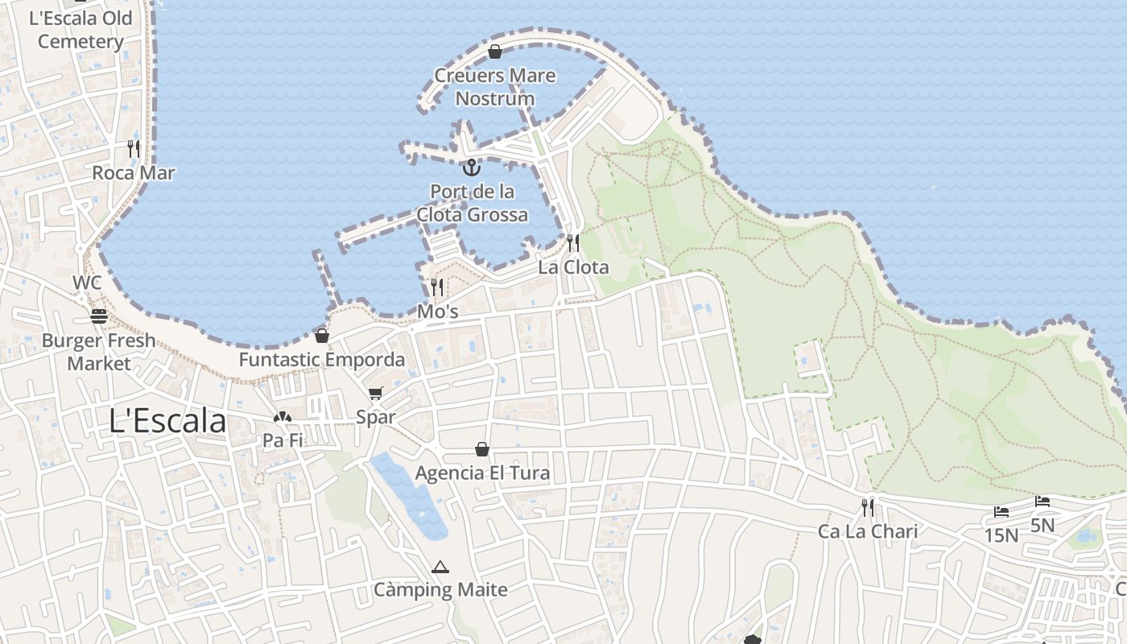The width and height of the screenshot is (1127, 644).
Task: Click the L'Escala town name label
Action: point(167,421)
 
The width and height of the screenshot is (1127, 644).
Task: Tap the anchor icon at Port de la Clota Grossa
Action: point(471,167)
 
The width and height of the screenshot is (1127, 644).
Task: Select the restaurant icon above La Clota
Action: point(572,242)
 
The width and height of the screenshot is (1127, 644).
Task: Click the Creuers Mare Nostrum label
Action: point(495,87)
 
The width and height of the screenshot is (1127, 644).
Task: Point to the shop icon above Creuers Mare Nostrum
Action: point(495,52)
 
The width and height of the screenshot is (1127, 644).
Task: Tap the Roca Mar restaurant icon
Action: point(134,149)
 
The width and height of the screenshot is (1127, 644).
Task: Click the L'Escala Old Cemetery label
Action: point(80,30)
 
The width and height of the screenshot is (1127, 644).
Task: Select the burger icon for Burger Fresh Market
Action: point(99,316)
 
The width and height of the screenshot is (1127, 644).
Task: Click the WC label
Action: point(87,283)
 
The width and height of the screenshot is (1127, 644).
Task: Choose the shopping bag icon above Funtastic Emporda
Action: point(322,336)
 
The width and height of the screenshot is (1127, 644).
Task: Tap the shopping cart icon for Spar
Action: point(375,394)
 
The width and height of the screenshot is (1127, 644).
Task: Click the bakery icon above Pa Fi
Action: point(282,417)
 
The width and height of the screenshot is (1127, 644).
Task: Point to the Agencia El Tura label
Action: point(482,473)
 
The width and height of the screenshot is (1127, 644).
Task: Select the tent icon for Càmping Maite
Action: point(440,567)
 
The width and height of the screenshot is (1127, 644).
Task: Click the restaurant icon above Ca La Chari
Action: point(868,507)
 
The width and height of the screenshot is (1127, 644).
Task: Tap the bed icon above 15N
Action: point(1001,512)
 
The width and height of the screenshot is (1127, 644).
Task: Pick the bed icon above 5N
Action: point(1042,502)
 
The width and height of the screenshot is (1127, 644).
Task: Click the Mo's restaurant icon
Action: point(437,287)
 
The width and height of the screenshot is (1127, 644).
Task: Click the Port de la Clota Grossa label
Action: point(473,203)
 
